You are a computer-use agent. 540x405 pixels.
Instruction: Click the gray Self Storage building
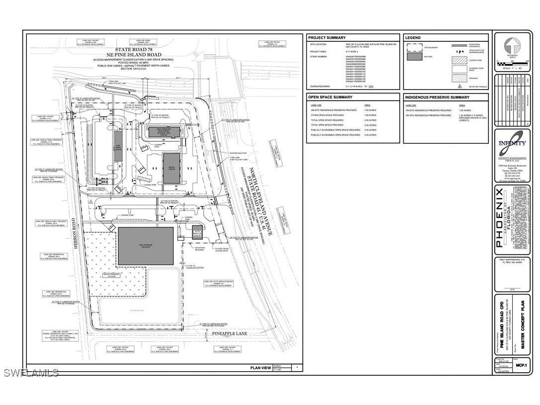coord(146,246)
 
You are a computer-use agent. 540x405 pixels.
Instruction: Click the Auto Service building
coord(196,233)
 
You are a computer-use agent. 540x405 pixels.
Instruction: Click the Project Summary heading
coord(327,38)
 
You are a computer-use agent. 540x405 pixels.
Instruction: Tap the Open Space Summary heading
coord(330,98)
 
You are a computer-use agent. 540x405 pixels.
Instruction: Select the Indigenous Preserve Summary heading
coord(437,98)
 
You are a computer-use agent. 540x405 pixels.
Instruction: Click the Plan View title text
coord(261,368)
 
